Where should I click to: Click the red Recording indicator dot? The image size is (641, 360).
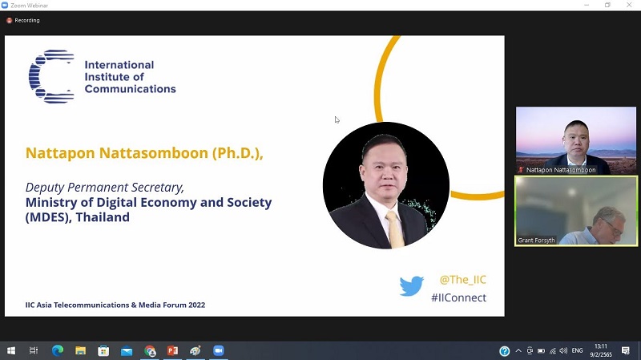[9, 21]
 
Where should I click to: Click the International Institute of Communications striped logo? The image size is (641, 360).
[51, 76]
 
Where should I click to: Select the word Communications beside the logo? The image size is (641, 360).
[130, 89]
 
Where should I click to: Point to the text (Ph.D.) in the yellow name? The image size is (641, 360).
[236, 153]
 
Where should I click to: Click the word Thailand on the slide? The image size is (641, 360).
[103, 217]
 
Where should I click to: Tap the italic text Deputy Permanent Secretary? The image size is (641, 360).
[104, 188]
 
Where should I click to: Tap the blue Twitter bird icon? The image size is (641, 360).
[411, 285]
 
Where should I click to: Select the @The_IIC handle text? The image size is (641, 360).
[463, 280]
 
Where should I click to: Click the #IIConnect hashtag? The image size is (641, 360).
[458, 297]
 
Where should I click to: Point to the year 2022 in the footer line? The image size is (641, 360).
[196, 305]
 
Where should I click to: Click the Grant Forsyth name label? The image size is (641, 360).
[536, 241]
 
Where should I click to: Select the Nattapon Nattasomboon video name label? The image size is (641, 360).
[561, 170]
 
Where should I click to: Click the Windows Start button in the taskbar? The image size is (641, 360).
[11, 350]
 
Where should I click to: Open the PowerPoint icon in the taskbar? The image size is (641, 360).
[172, 350]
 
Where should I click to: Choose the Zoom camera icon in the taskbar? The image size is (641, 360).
[218, 350]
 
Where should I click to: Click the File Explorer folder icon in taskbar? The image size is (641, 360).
[81, 350]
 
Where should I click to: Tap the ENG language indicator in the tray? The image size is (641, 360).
[577, 350]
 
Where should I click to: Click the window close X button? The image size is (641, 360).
[629, 5]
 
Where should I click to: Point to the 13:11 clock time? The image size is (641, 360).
[600, 346]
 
